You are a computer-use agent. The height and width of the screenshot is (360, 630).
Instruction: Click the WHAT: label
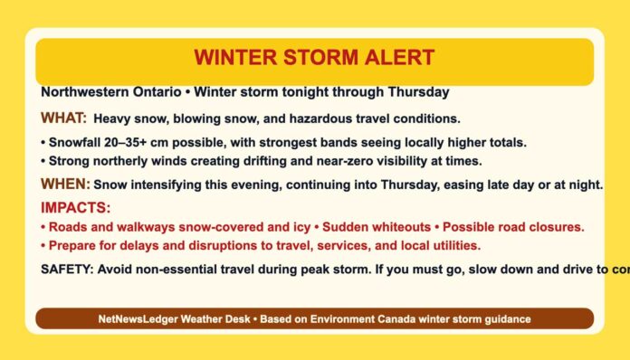pos(63,118)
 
